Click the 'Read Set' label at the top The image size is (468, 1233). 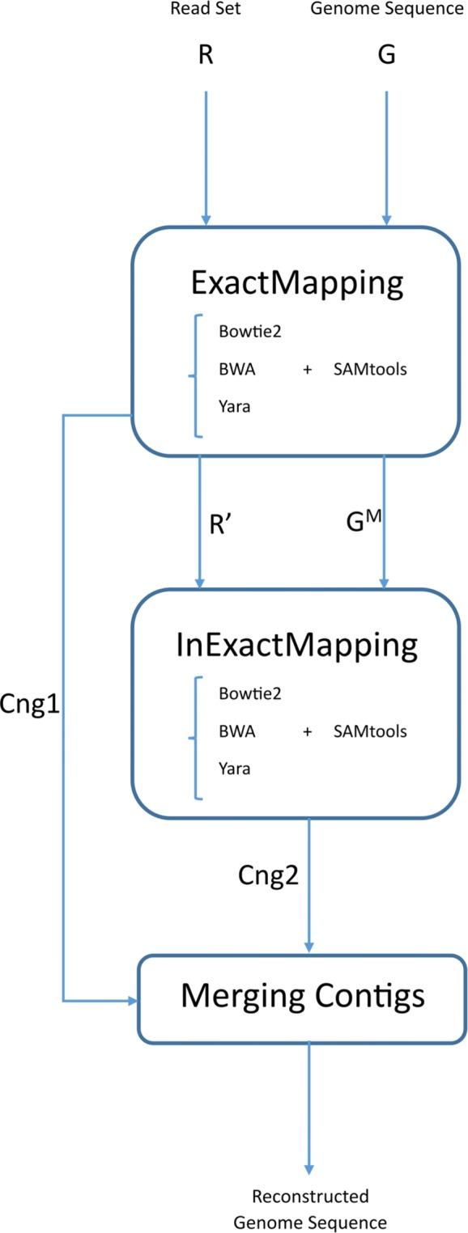tap(206, 10)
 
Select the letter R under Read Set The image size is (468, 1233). tap(206, 58)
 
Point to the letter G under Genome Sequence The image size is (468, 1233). tap(386, 58)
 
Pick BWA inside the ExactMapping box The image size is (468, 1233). tap(236, 370)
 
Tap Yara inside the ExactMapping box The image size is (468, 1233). tap(234, 407)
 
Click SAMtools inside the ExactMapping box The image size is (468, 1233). tap(369, 370)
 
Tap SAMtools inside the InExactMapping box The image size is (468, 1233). tap(369, 731)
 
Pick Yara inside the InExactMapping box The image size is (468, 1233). tap(234, 769)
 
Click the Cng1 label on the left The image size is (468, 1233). tap(31, 704)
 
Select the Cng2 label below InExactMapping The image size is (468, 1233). tap(268, 875)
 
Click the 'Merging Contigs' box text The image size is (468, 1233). tap(302, 995)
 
